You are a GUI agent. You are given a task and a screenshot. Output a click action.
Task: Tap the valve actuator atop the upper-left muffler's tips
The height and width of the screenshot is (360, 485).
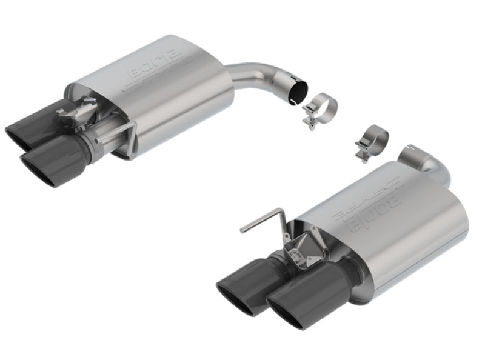(85, 112)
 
